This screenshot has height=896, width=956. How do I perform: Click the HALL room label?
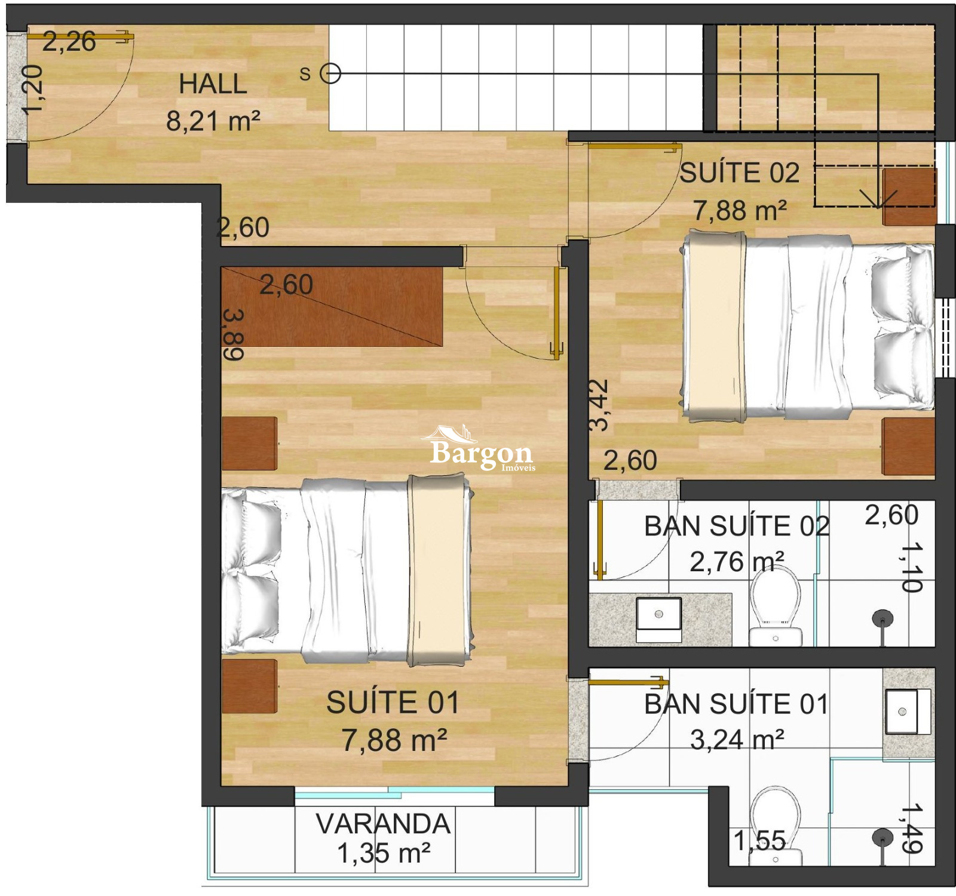click(213, 84)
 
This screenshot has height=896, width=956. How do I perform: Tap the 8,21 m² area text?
click(213, 121)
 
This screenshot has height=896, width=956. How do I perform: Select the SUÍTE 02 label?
click(740, 173)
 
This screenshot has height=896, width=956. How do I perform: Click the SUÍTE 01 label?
click(393, 702)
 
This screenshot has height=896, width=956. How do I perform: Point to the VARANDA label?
click(383, 824)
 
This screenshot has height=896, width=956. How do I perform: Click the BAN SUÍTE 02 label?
click(737, 526)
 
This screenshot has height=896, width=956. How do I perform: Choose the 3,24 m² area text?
click(737, 740)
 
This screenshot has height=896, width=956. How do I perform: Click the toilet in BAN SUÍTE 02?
click(776, 606)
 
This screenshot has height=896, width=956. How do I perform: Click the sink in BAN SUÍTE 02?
click(658, 620)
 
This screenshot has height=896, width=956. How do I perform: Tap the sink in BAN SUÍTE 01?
click(908, 712)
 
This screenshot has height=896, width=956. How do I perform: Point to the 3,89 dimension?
click(233, 335)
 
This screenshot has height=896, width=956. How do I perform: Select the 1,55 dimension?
click(759, 840)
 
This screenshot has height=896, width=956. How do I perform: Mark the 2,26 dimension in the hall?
click(69, 42)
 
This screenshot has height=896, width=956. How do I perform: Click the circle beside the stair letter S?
click(330, 74)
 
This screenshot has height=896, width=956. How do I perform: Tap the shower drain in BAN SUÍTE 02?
click(882, 618)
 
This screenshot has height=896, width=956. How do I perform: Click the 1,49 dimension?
click(912, 828)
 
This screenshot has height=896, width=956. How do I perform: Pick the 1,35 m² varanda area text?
click(384, 854)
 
